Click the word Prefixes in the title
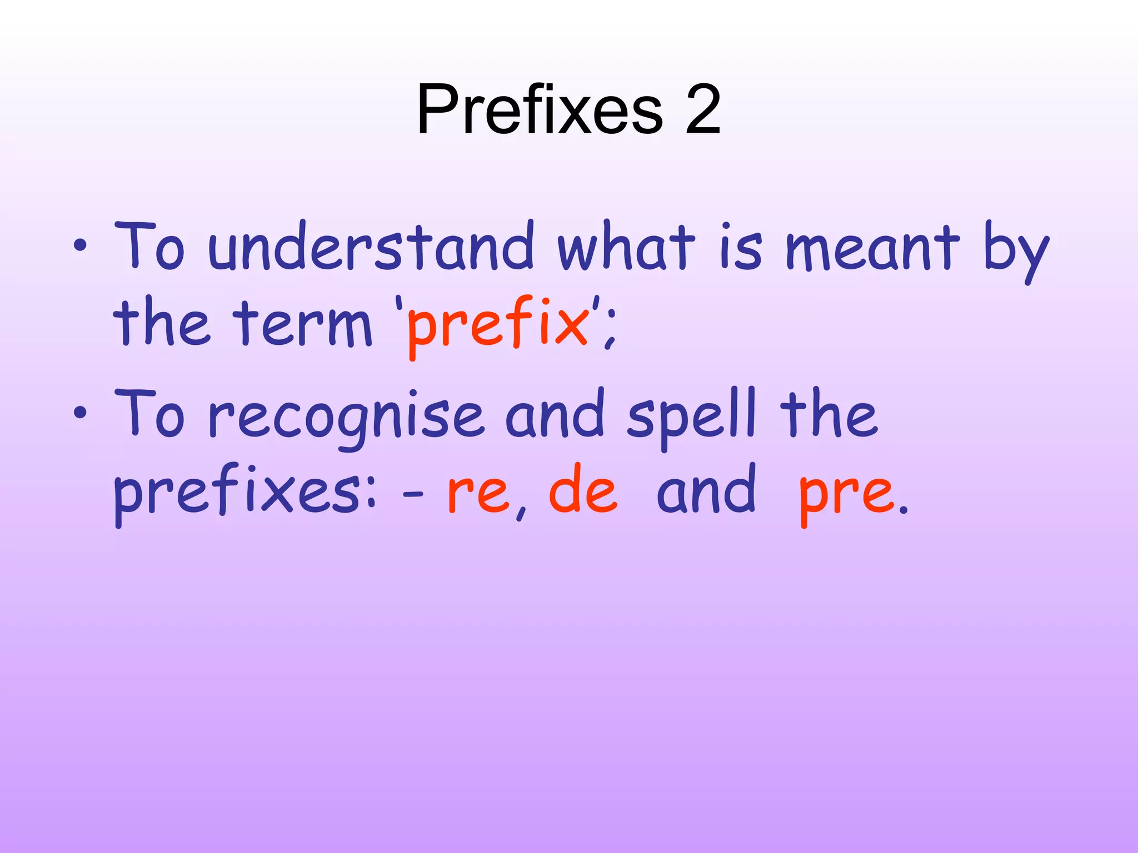click(x=539, y=109)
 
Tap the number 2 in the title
click(x=702, y=109)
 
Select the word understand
click(x=371, y=247)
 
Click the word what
click(x=626, y=247)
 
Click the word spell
click(x=692, y=417)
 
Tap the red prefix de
click(x=583, y=489)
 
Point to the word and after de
click(x=706, y=489)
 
